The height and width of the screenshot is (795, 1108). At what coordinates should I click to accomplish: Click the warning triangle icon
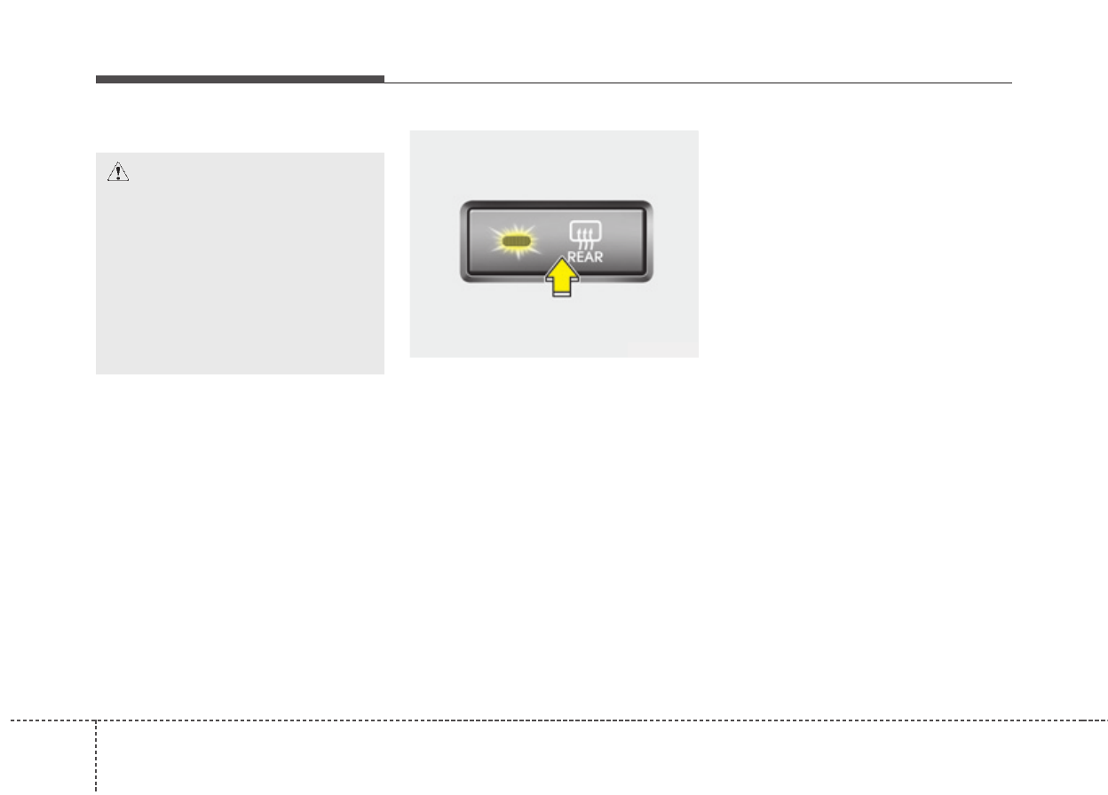[118, 173]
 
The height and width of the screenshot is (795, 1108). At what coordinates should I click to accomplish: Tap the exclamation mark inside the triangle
[118, 174]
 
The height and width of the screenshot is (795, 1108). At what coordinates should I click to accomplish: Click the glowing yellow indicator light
[516, 240]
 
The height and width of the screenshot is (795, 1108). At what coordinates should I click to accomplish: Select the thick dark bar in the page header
[240, 80]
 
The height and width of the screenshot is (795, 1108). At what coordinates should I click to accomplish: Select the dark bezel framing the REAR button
[556, 205]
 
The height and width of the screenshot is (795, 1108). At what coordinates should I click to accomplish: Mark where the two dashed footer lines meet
[95, 720]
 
